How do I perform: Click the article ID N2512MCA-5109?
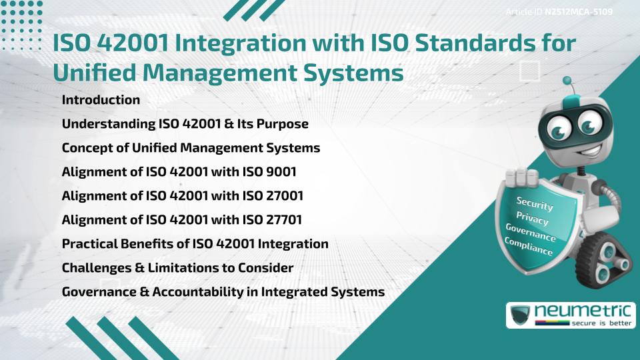tap(579, 11)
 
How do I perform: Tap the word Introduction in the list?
tap(101, 100)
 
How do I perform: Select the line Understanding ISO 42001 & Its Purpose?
tap(185, 124)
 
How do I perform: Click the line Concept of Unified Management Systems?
tap(191, 148)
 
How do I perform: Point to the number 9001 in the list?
tap(281, 172)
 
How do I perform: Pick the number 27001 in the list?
tap(285, 196)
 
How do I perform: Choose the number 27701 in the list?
tap(285, 220)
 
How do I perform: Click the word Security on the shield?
tap(535, 204)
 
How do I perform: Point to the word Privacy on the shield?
tap(532, 219)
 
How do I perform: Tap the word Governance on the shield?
tap(531, 233)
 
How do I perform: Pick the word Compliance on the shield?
tap(529, 247)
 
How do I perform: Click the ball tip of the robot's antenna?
tap(567, 81)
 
